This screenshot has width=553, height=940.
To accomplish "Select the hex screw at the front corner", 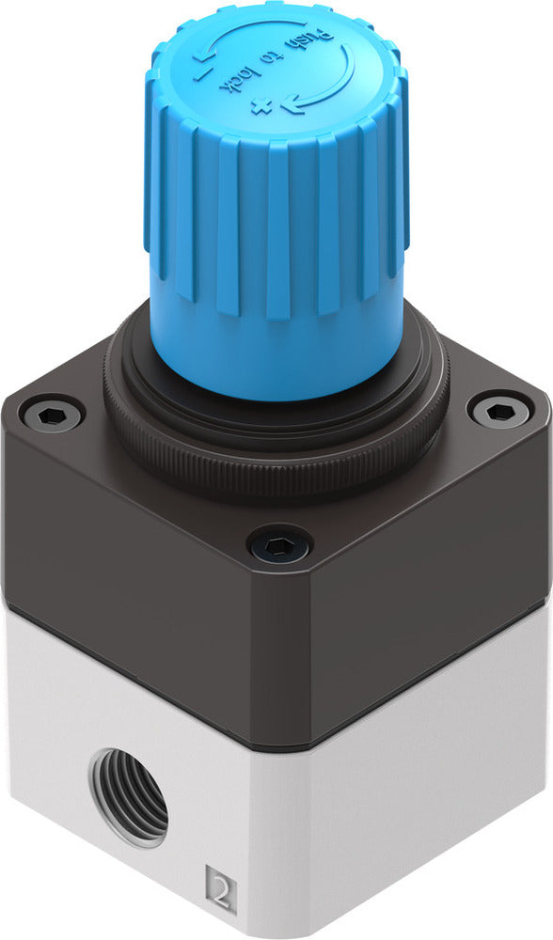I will tap(279, 544).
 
